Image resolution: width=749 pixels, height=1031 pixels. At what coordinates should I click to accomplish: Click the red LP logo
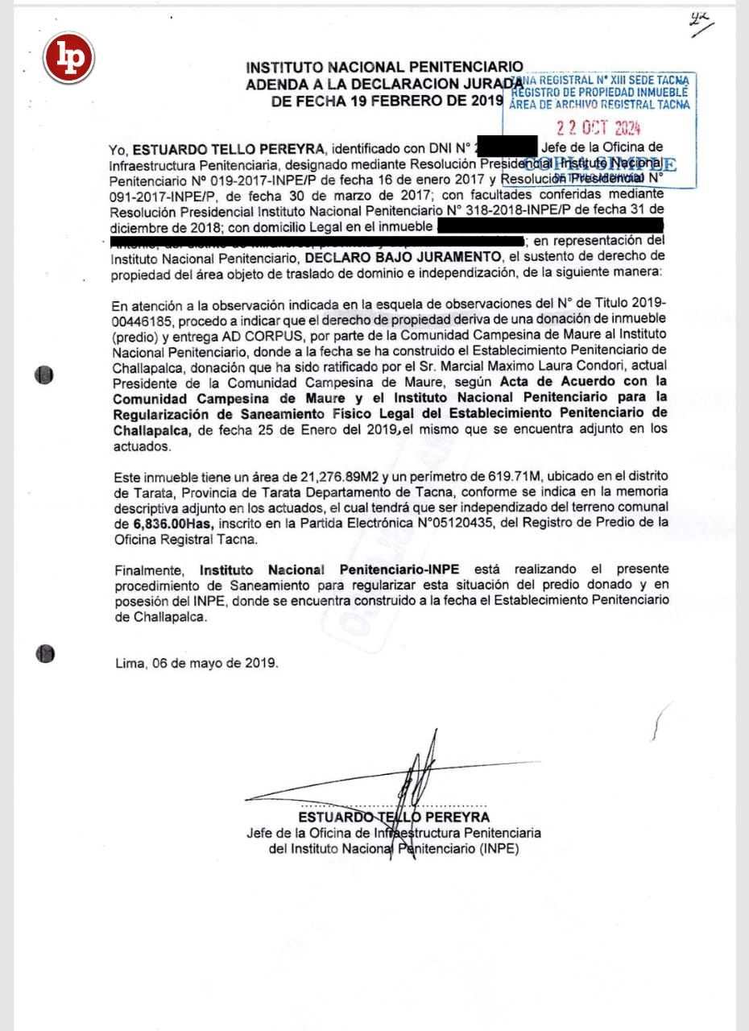(68, 58)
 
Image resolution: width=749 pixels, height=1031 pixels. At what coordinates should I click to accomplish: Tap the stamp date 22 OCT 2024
(598, 127)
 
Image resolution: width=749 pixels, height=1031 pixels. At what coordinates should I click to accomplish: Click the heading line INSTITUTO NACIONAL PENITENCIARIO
(384, 66)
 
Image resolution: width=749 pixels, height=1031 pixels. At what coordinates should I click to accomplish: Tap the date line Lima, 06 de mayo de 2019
(197, 664)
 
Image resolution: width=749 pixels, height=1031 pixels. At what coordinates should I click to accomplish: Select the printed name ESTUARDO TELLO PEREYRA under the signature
(394, 817)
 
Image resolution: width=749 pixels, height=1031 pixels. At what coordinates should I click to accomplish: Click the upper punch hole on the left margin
(45, 375)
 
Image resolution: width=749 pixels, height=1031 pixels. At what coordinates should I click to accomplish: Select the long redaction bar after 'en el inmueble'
(548, 226)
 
